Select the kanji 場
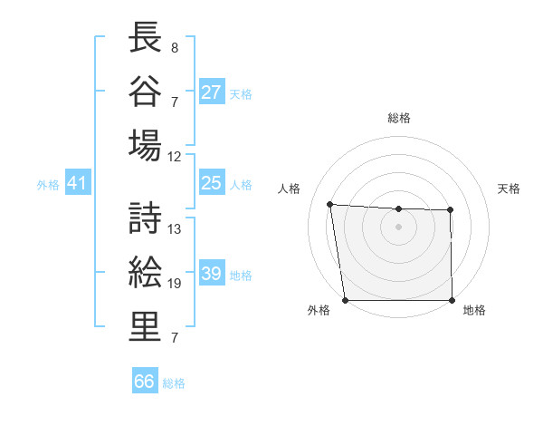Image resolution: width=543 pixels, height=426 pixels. pos(144,144)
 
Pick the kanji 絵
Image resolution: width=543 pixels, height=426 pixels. pos(144,272)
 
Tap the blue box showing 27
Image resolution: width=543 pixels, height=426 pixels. pos(212,92)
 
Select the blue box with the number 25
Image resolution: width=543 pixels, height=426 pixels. pos(212,183)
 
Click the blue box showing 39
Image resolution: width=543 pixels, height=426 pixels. pos(212,274)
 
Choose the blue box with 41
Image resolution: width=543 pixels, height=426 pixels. pos(77,183)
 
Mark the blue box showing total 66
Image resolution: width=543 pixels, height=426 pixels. pos(144,382)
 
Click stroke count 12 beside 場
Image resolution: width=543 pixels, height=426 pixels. pos(175,156)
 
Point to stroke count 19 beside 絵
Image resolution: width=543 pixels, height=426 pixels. pos(175,284)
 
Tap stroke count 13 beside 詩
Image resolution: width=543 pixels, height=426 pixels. pos(175,229)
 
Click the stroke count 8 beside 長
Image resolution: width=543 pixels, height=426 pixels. pos(175,47)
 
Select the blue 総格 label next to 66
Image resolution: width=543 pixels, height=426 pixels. pos(174,383)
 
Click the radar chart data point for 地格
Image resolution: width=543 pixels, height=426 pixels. pos(452,300)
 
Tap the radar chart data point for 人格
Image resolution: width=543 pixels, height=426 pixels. pos(330,204)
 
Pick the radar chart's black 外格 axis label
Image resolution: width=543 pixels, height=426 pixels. pos(319,310)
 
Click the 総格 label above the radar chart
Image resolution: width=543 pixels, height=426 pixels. pos(399,118)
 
